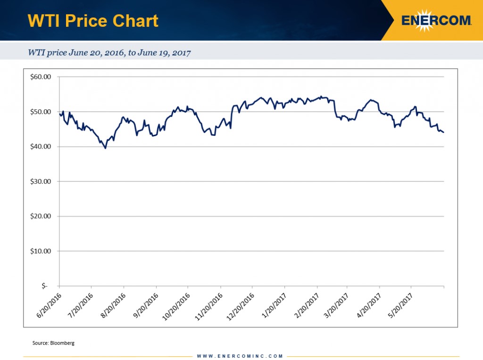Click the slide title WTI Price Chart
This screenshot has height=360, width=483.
(x=93, y=21)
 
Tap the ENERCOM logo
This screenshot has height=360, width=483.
(x=436, y=21)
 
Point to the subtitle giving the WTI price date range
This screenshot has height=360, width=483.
(x=109, y=53)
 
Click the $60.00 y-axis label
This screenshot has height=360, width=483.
(x=41, y=77)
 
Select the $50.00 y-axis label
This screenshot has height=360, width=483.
(x=41, y=112)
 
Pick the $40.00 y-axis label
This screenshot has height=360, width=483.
(x=41, y=147)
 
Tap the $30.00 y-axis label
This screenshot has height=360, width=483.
(x=41, y=181)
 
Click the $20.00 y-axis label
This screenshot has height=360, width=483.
(x=41, y=216)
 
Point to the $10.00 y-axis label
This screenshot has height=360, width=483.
(x=41, y=251)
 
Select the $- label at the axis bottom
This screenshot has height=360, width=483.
(x=45, y=286)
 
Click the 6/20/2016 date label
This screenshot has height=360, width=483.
(x=49, y=305)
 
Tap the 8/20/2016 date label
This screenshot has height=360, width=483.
(x=113, y=305)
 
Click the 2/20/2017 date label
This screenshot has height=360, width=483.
(x=306, y=305)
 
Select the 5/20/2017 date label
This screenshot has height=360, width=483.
(x=400, y=305)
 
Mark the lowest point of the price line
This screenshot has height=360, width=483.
(x=105, y=148)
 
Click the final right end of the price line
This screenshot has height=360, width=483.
(x=443, y=132)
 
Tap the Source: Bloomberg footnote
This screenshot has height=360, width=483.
(x=53, y=343)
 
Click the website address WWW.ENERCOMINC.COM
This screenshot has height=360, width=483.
(x=240, y=356)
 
